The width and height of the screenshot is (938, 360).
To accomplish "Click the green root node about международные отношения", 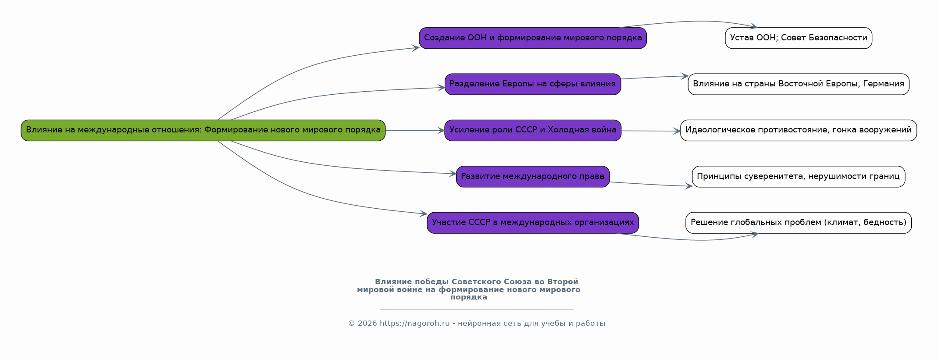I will pyautogui.click(x=203, y=130).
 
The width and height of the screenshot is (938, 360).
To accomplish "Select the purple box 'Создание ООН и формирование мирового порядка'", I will pyautogui.click(x=533, y=38).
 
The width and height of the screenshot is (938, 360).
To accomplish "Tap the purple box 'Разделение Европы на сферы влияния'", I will pyautogui.click(x=533, y=84).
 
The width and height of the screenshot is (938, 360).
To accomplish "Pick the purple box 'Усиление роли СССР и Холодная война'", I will pyautogui.click(x=533, y=130).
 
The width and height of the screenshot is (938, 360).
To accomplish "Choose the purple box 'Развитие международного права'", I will pyautogui.click(x=533, y=177).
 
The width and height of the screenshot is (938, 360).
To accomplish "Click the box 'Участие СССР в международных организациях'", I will pyautogui.click(x=533, y=223).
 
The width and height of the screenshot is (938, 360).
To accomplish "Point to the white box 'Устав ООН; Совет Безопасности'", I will pyautogui.click(x=799, y=38).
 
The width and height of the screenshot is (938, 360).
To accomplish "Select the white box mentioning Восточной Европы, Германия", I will pyautogui.click(x=799, y=84).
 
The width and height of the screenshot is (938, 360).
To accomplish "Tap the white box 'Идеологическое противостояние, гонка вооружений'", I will pyautogui.click(x=799, y=130).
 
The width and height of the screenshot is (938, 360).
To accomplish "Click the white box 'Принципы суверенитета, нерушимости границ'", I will pyautogui.click(x=799, y=177).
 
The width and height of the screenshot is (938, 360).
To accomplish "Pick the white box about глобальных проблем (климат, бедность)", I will pyautogui.click(x=799, y=223).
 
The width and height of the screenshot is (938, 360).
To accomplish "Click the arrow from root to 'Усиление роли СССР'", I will pyautogui.click(x=414, y=130).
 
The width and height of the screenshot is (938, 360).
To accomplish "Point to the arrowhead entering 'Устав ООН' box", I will pyautogui.click(x=753, y=27).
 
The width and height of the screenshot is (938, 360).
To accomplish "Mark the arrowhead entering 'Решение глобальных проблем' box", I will pyautogui.click(x=755, y=235).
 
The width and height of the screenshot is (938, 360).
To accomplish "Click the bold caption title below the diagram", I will pyautogui.click(x=469, y=289).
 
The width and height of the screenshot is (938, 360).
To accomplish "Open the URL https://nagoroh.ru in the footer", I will pyautogui.click(x=415, y=324).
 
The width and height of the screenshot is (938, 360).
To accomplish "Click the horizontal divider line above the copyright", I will pyautogui.click(x=477, y=310).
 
